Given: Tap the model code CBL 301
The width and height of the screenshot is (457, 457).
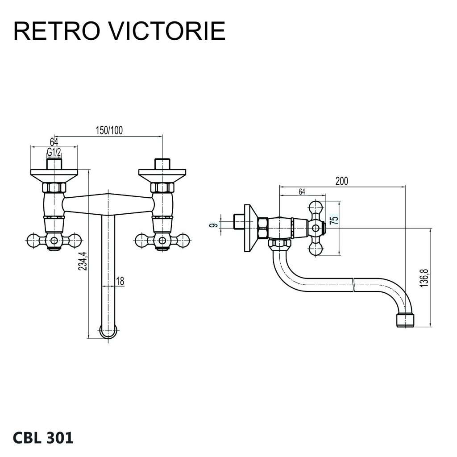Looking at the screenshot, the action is click(43, 438).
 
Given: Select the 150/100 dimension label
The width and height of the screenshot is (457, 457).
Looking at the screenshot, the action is click(109, 130).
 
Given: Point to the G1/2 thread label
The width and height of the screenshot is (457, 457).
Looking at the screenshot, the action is click(54, 152).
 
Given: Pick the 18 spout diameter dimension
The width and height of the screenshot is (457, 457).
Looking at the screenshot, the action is click(120, 281).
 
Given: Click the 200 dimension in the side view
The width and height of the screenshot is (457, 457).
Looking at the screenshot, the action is click(341, 181).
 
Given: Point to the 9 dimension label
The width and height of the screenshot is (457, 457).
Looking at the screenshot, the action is click(215, 225).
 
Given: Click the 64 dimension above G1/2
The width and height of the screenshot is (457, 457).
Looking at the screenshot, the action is click(54, 142).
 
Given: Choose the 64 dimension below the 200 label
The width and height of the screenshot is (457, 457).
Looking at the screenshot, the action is click(302, 192).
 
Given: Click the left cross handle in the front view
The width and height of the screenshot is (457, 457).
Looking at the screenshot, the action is click(54, 241).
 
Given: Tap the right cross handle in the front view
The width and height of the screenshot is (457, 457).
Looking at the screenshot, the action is click(162, 241).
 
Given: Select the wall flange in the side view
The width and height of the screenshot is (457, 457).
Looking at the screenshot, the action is click(251, 228).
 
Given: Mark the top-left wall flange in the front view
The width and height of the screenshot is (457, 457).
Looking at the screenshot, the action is click(54, 173).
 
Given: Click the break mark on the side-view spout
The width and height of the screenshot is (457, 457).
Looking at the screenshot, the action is click(353, 285).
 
